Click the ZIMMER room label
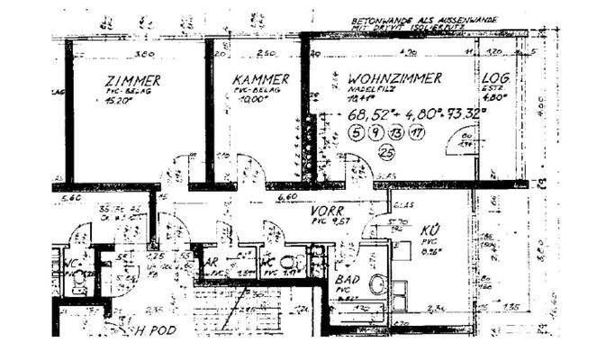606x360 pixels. (x=132, y=80)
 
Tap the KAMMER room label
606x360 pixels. (x=259, y=80)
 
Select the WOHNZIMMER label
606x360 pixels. (x=394, y=79)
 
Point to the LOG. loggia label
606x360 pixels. (x=496, y=80)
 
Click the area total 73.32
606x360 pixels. (x=466, y=115)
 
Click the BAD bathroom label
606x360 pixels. (x=348, y=280)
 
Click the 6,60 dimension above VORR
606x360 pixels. (x=286, y=196)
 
